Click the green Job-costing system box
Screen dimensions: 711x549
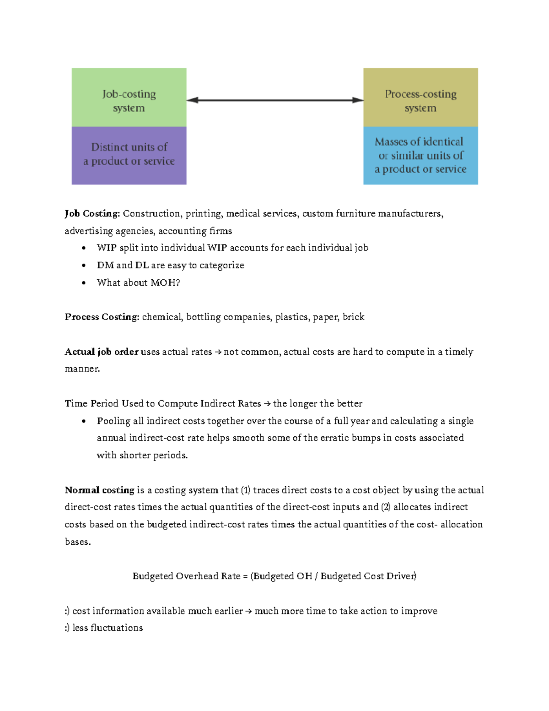coord(129,98)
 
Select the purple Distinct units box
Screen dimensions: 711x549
coord(129,155)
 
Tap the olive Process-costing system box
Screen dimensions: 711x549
coord(420,98)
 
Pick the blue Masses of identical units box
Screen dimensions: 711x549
coord(420,155)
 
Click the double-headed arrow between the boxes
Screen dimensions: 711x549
coord(275,100)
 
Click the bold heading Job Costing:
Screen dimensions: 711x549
coord(92,214)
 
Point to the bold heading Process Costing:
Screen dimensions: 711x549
coord(102,317)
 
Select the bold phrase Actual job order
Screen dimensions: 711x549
coord(101,352)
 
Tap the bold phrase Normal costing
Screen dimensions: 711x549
coord(99,490)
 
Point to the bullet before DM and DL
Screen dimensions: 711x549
coord(83,266)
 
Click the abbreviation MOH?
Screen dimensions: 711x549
coord(165,282)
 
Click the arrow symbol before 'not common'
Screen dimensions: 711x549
coord(218,352)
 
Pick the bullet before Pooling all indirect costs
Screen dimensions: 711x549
coord(83,421)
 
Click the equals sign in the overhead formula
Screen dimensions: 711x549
coord(245,576)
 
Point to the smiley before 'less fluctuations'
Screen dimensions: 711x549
coord(67,628)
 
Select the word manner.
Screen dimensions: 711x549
coord(82,369)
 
